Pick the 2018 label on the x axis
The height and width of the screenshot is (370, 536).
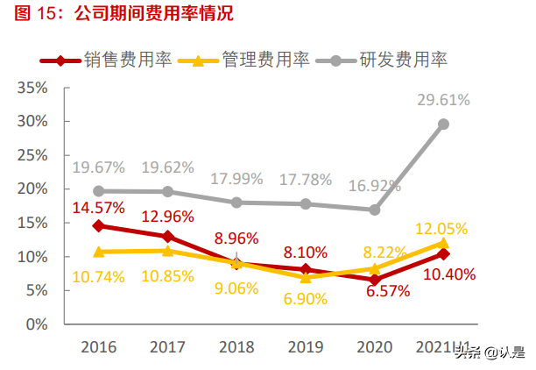[236, 348]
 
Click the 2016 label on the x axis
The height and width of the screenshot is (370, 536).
[98, 348]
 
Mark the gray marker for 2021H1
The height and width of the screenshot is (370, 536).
[444, 124]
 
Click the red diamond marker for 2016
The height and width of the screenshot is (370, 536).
[98, 225]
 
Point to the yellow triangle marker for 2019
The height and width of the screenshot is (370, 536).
[306, 277]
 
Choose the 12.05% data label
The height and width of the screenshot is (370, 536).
[444, 226]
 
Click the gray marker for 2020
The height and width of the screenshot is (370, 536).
[375, 210]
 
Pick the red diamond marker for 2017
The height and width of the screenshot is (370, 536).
[167, 237]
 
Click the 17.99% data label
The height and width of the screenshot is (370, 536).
[236, 179]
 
